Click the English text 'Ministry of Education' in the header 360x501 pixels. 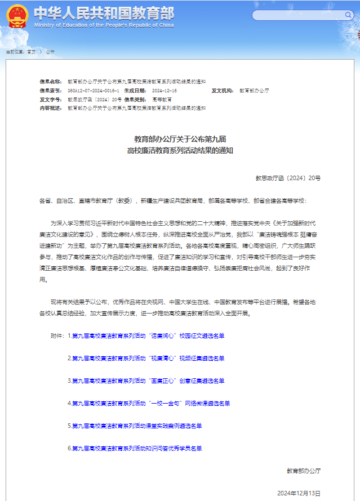pyautogui.click(x=104, y=25)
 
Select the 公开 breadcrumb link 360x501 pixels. pyautogui.click(x=50, y=52)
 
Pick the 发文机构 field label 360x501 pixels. pyautogui.click(x=223, y=90)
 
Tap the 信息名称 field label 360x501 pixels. pyautogui.click(x=50, y=82)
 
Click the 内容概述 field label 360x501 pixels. pyautogui.click(x=50, y=108)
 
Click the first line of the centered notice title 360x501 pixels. pyautogui.click(x=180, y=138)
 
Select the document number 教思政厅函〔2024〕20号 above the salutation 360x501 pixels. pyautogui.click(x=288, y=178)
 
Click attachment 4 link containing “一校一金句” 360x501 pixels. pyautogui.click(x=150, y=403)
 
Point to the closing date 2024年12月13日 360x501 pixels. pyautogui.click(x=299, y=493)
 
